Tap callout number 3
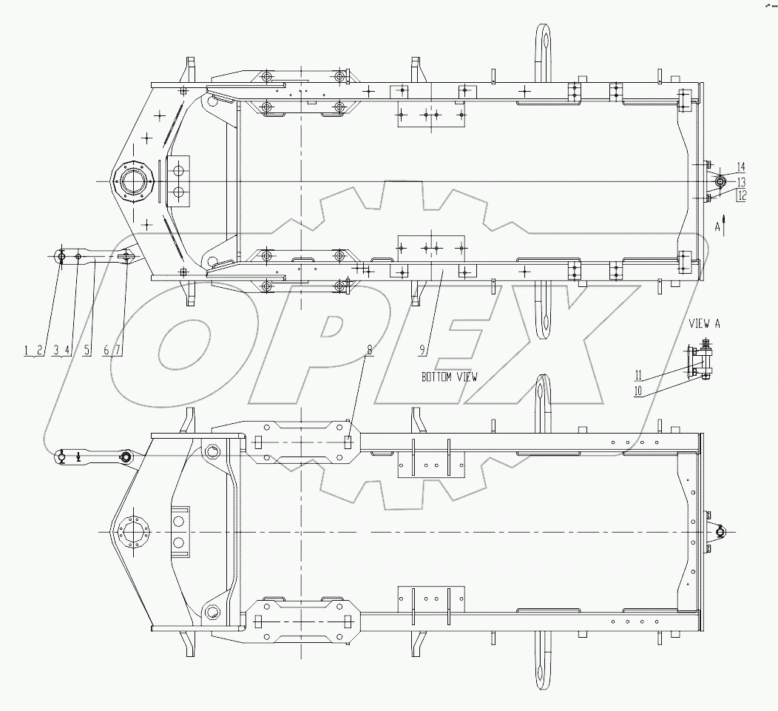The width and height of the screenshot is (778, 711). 57,351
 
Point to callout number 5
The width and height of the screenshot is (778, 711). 87,351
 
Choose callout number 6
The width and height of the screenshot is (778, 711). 107,351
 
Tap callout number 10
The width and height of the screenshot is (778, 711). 637,391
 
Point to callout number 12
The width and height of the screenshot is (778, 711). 742,195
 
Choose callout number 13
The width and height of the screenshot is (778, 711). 742,181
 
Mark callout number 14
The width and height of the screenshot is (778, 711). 742,166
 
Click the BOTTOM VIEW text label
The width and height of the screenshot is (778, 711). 450,377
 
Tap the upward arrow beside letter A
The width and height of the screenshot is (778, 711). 725,225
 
